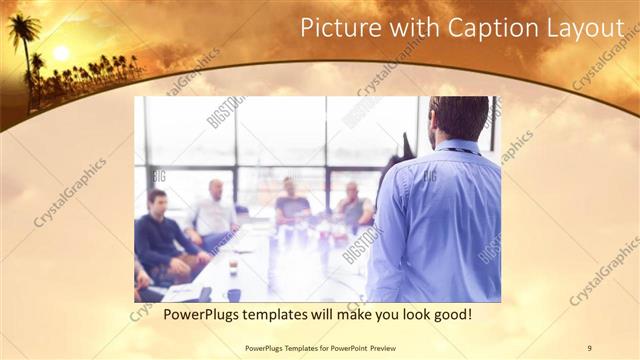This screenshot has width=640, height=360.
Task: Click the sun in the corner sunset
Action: [x=61, y=53]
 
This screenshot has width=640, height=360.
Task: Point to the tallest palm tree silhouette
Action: [x=22, y=40]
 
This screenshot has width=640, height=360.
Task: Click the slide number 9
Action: [x=589, y=347]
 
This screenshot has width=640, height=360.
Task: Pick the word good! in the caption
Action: [x=450, y=315]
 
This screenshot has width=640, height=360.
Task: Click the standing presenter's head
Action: [x=460, y=118]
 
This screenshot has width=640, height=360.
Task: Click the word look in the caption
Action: [x=404, y=315]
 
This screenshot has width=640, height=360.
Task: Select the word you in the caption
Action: [x=375, y=315]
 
